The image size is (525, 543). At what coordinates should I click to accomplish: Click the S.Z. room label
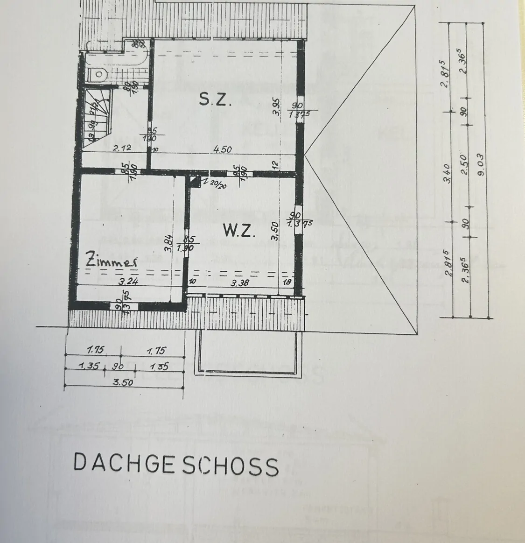pos(215,99)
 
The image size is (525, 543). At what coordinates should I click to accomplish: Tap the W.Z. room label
pos(239,231)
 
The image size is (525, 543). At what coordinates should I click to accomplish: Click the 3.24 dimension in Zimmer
pos(129,281)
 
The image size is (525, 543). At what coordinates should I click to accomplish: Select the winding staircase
pos(97,117)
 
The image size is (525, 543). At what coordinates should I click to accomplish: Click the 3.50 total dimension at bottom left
pos(123,382)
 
